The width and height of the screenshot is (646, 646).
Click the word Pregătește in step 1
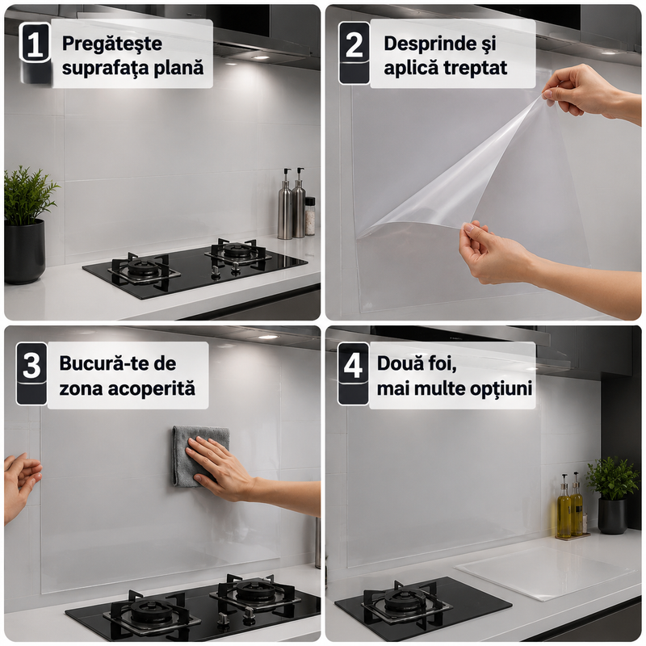coord(112,44)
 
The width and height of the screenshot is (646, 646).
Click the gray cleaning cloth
coord(199,455)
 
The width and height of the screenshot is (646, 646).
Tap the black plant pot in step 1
coord(24,251)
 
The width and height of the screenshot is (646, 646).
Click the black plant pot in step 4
coord(612,516)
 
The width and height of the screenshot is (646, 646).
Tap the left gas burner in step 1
coord(144,270)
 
